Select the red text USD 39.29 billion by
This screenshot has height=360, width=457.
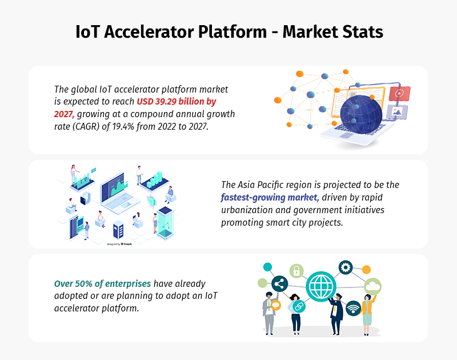click(x=177, y=101)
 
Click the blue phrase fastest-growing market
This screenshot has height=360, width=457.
click(x=270, y=198)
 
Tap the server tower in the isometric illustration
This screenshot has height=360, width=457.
click(x=119, y=230)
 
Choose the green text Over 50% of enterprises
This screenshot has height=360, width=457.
click(x=102, y=283)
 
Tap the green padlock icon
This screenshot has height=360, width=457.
click(x=296, y=270)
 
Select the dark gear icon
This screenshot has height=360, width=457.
click(x=345, y=267)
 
